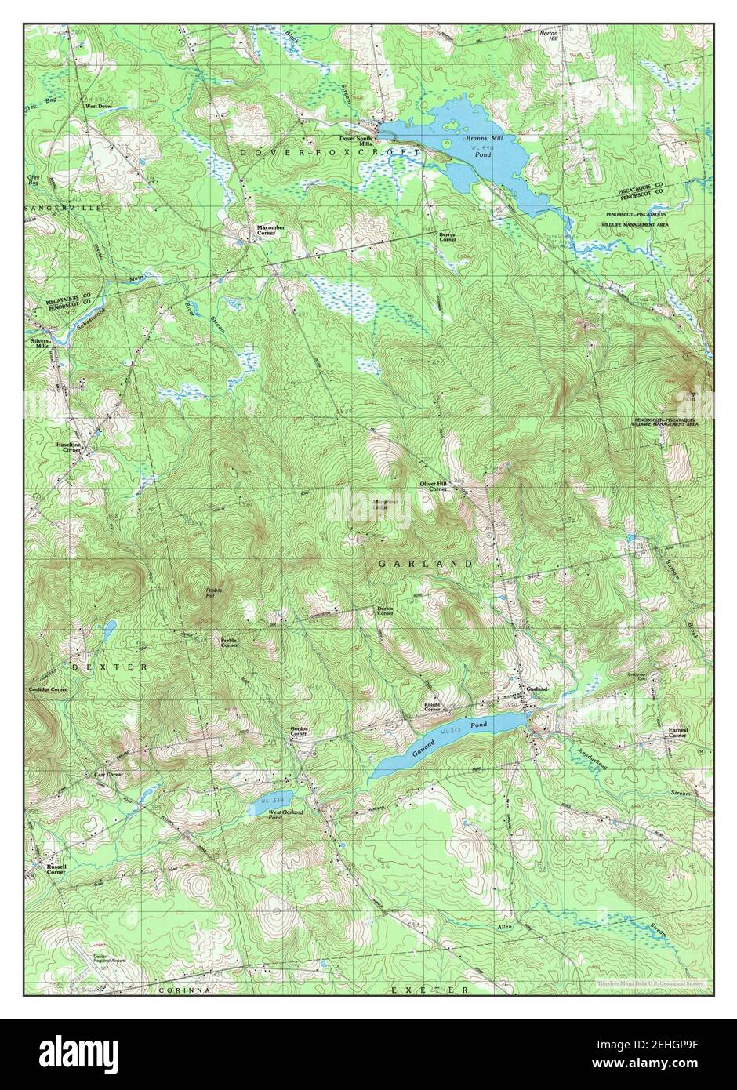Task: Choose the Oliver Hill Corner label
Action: pos(433,487)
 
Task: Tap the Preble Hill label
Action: pos(209,593)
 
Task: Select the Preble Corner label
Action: pos(230,642)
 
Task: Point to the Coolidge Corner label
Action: pos(49,689)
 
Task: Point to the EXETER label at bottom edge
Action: pos(430,990)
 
